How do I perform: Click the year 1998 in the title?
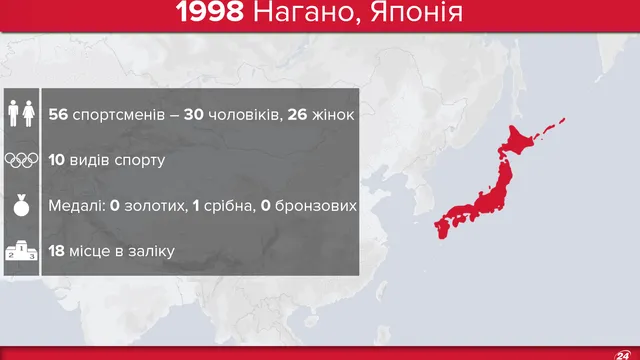coord(210,15)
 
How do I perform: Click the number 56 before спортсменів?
coord(59,113)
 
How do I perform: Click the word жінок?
coord(331,113)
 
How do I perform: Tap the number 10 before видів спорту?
coord(58,160)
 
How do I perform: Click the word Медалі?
coord(75,206)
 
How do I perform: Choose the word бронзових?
coord(317,206)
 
